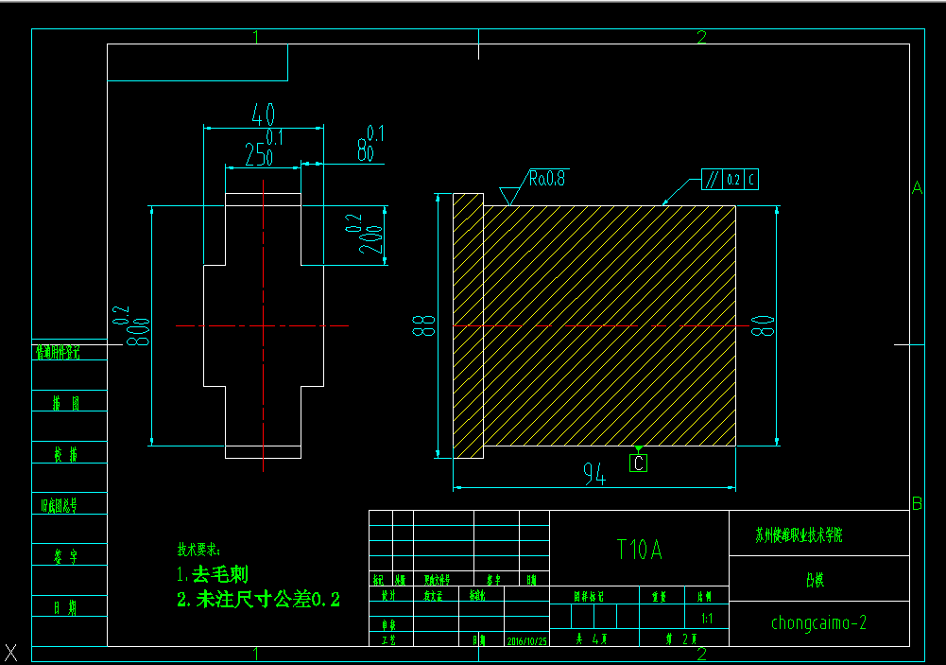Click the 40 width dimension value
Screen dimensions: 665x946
click(263, 115)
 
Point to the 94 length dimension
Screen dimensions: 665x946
click(593, 476)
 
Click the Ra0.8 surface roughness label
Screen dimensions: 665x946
click(547, 178)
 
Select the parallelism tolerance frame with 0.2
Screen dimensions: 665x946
click(731, 179)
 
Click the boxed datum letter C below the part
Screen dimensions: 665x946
click(639, 464)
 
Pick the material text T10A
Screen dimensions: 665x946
click(639, 550)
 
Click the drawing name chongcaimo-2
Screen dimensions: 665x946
click(818, 622)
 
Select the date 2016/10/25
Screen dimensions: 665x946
click(527, 640)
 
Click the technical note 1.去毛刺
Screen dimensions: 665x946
click(212, 574)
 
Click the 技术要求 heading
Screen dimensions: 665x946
click(198, 550)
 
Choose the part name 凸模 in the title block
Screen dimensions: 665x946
click(815, 580)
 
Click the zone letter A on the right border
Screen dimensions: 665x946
click(916, 188)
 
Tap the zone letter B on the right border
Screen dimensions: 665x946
click(916, 502)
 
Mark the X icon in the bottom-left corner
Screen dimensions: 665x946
click(11, 652)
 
